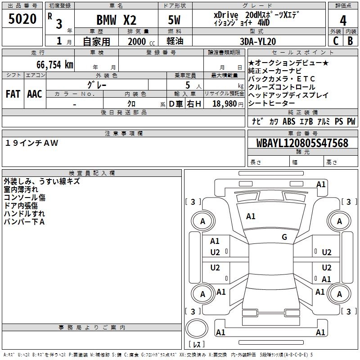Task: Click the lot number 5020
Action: tap(22, 19)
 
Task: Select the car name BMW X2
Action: tap(117, 20)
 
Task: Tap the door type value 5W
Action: tap(175, 20)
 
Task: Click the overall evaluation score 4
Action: tap(343, 20)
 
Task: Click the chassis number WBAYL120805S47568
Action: tap(303, 143)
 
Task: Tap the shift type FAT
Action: tap(13, 94)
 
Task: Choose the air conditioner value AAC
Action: tap(35, 94)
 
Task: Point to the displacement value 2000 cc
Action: tap(139, 41)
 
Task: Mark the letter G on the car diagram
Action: tap(284, 237)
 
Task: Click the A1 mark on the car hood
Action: tap(251, 216)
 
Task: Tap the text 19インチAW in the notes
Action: tap(32, 143)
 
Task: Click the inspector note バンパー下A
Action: tap(24, 222)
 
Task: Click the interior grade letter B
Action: tap(350, 40)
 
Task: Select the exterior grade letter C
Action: tap(336, 40)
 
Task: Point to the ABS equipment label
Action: tap(289, 121)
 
